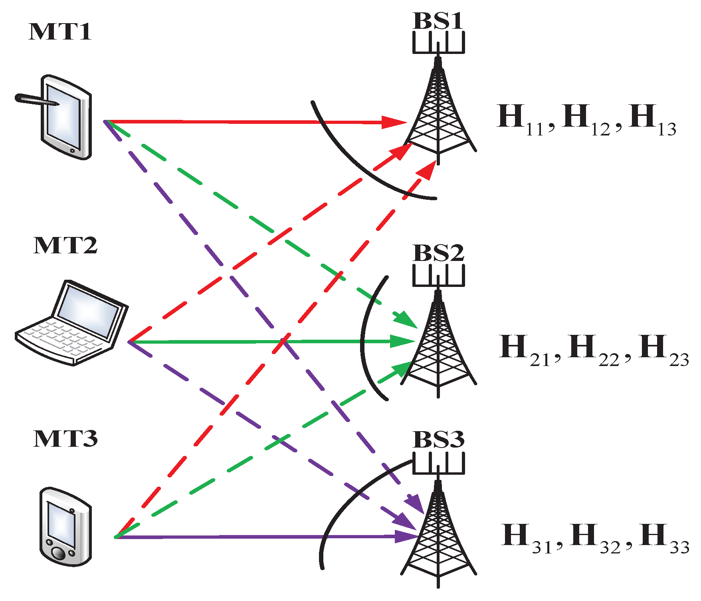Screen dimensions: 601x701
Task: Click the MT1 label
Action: tap(60, 32)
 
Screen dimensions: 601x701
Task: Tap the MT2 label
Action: tap(65, 245)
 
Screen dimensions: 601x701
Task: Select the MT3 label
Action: tap(65, 439)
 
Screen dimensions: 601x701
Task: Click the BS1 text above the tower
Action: tap(438, 21)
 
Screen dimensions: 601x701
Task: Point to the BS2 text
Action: tap(438, 253)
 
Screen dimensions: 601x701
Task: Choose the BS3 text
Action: tap(438, 440)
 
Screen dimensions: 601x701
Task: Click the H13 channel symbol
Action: tap(651, 120)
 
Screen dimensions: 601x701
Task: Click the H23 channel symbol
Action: tap(663, 350)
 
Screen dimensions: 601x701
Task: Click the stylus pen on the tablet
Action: tap(36, 100)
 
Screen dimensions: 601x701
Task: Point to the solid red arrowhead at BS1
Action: tap(393, 122)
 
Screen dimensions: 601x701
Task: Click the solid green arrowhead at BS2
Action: tap(401, 341)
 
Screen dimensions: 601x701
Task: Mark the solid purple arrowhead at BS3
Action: tap(405, 536)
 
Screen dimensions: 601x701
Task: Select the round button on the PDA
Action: tap(59, 555)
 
